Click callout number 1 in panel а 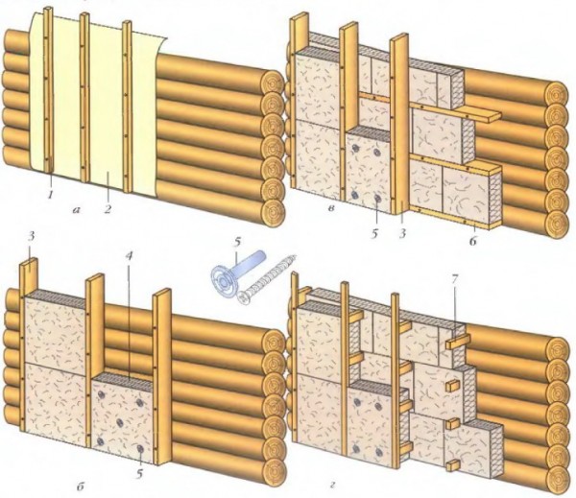50,195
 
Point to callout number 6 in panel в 471,243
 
